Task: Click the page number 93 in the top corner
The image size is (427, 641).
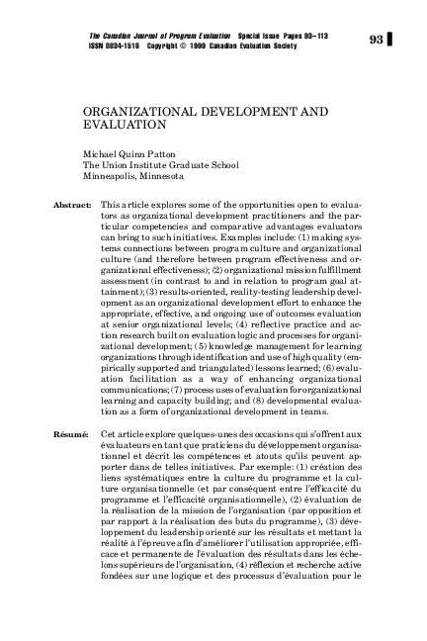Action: (376, 40)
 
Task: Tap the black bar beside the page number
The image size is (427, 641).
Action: (392, 40)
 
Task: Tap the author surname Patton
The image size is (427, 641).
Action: (164, 155)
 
